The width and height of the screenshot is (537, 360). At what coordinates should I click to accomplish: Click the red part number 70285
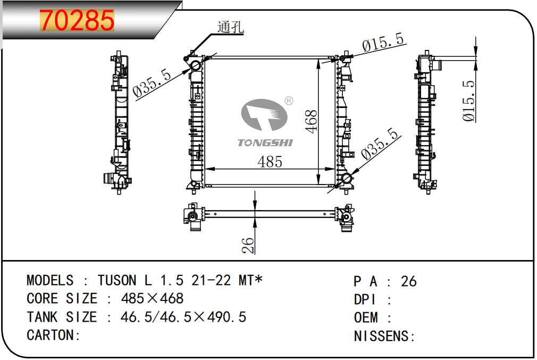(77, 21)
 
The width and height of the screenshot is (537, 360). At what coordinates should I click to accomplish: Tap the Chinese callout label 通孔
(231, 27)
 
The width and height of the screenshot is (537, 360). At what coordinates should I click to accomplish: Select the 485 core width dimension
(270, 162)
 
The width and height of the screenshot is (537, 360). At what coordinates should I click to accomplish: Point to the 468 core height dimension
(311, 121)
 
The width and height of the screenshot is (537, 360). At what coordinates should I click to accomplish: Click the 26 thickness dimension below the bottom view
(248, 246)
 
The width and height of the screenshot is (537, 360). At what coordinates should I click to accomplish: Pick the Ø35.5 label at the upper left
(152, 83)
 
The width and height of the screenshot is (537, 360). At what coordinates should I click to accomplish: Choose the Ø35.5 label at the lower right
(380, 144)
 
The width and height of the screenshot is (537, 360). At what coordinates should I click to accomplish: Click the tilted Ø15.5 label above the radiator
(383, 43)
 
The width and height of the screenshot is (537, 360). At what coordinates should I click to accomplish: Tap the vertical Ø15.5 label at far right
(468, 101)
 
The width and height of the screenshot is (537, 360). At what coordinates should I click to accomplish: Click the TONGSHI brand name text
(265, 143)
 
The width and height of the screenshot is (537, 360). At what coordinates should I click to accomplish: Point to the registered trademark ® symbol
(289, 101)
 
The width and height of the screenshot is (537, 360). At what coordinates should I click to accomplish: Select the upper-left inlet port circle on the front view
(196, 66)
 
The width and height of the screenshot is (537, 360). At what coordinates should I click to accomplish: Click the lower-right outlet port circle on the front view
(346, 179)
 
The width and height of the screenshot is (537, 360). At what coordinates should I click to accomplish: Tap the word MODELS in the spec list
(50, 281)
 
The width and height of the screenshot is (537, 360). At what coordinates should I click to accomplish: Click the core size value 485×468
(153, 299)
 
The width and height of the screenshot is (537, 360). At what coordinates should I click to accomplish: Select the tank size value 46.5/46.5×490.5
(183, 317)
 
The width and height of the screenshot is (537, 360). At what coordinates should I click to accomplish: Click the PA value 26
(409, 281)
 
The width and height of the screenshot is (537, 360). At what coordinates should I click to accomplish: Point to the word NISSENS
(381, 337)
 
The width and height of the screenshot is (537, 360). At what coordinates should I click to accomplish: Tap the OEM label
(366, 318)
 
